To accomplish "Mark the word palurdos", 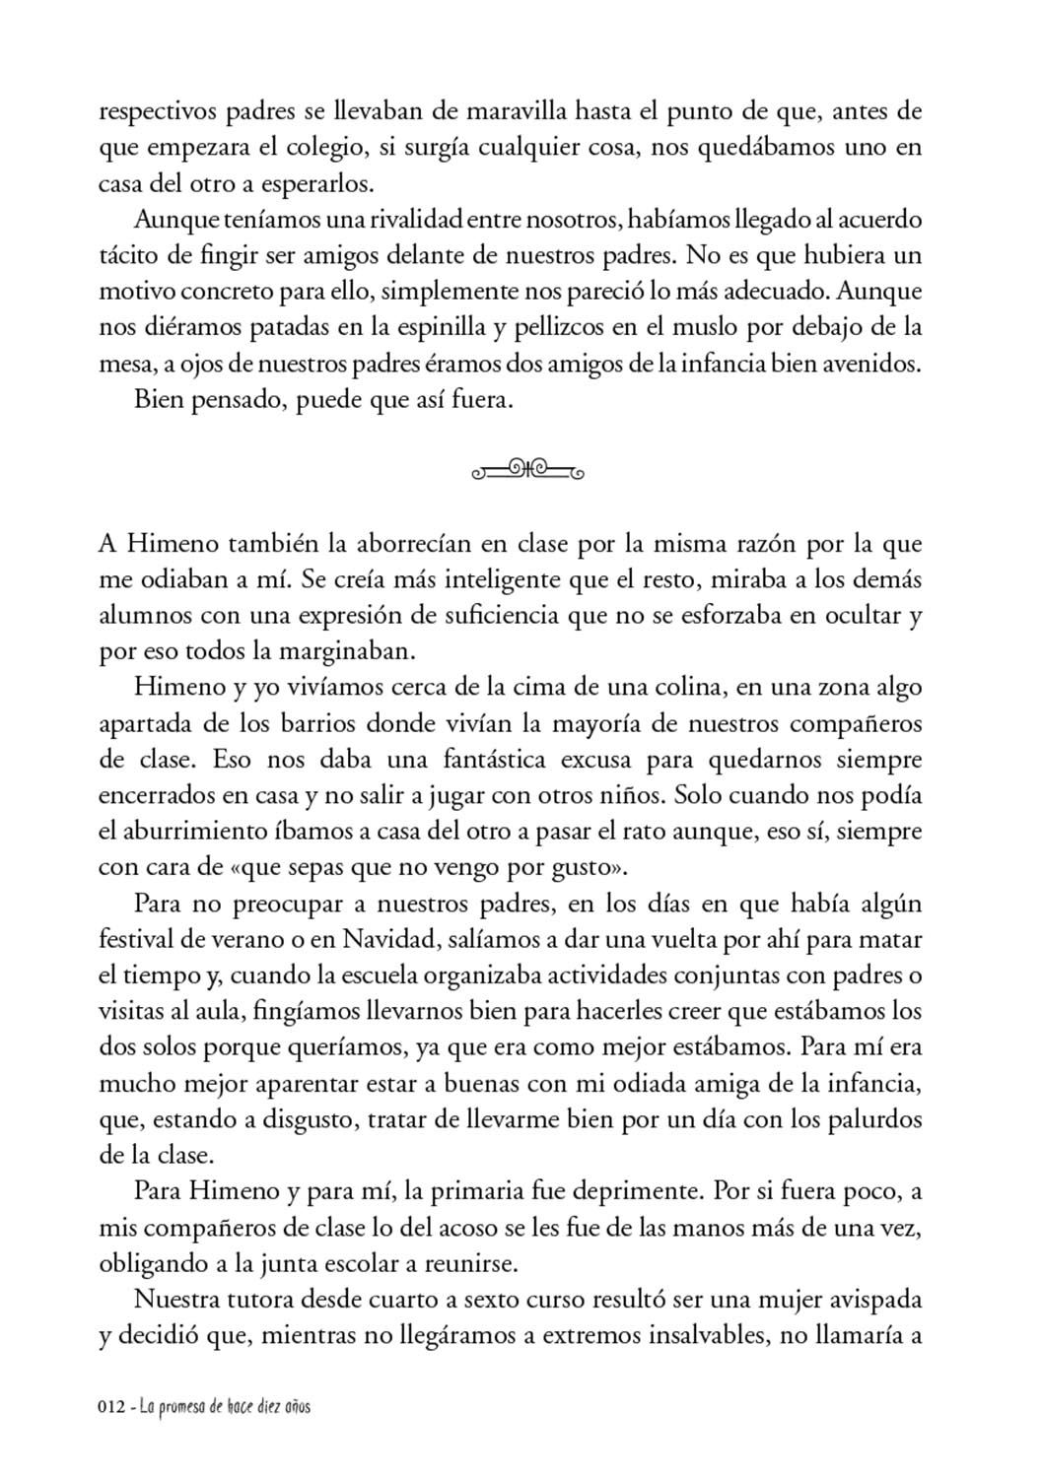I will pyautogui.click(x=874, y=1120).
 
